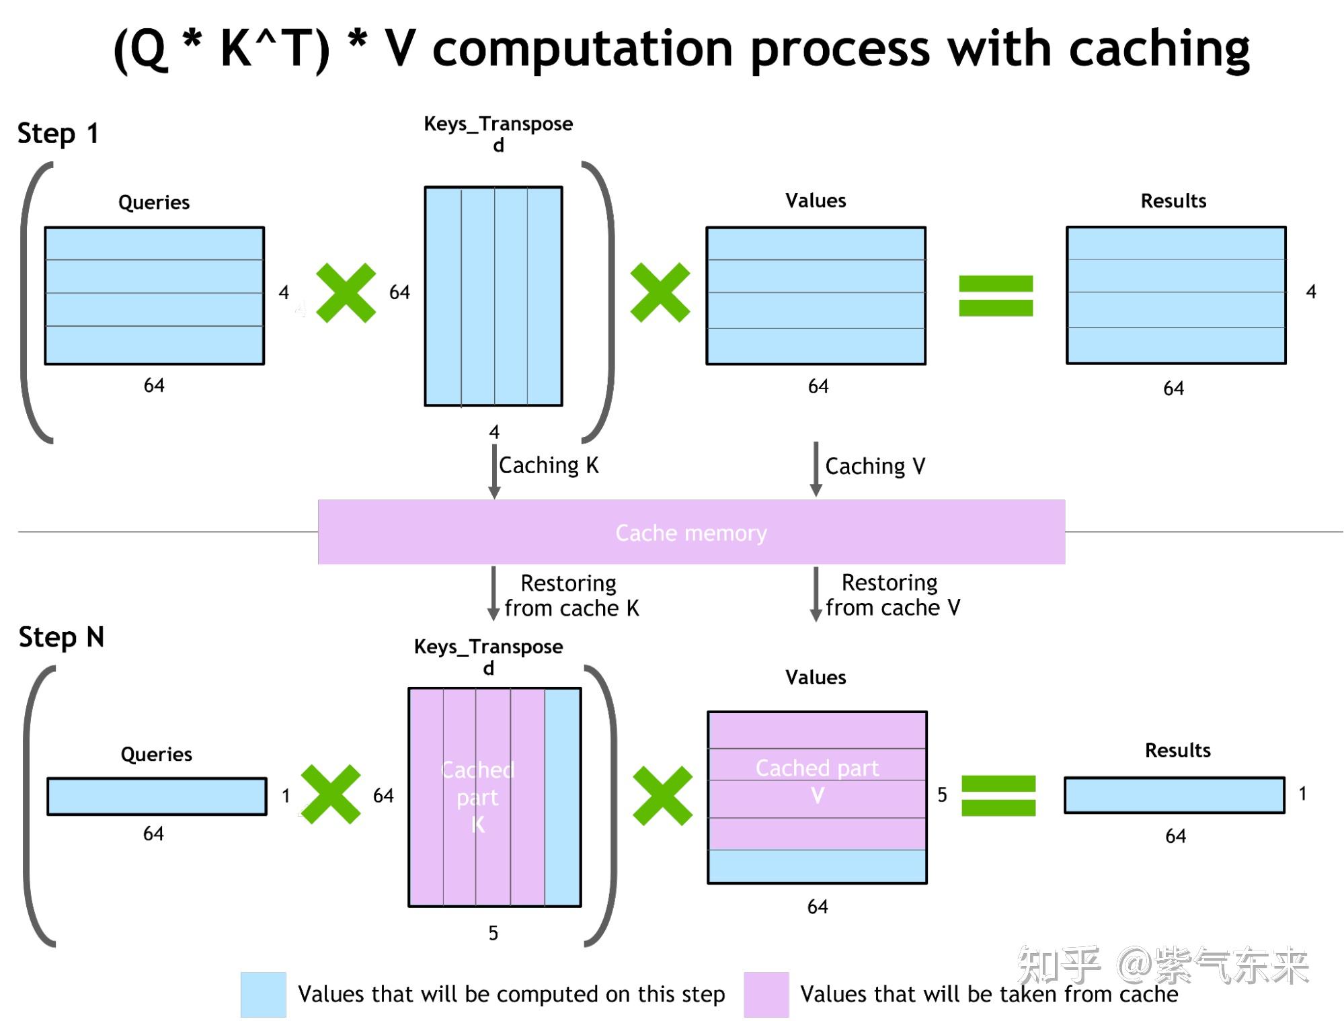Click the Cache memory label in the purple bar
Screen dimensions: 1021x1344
tap(690, 533)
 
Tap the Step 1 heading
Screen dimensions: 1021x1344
tap(58, 133)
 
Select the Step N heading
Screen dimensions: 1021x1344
tap(61, 637)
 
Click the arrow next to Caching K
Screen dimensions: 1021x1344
tap(494, 470)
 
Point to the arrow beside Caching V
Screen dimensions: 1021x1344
tap(816, 468)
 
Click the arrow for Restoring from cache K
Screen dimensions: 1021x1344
tap(493, 593)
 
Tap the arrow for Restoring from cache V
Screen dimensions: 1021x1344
tap(816, 594)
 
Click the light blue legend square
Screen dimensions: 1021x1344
tap(263, 994)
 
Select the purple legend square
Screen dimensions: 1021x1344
tap(766, 994)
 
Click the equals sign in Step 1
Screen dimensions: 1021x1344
tap(995, 296)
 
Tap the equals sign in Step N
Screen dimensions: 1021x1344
tap(998, 795)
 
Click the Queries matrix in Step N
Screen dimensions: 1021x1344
tap(157, 797)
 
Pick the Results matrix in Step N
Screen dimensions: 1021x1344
tap(1174, 795)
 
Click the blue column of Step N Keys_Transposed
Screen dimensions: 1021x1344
tap(563, 797)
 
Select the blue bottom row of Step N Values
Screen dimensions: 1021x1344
tap(817, 866)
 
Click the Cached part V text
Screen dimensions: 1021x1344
tap(817, 780)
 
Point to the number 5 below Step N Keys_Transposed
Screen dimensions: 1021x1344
tap(493, 933)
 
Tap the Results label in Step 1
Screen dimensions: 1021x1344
tap(1173, 201)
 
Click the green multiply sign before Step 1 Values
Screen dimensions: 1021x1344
tap(660, 292)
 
